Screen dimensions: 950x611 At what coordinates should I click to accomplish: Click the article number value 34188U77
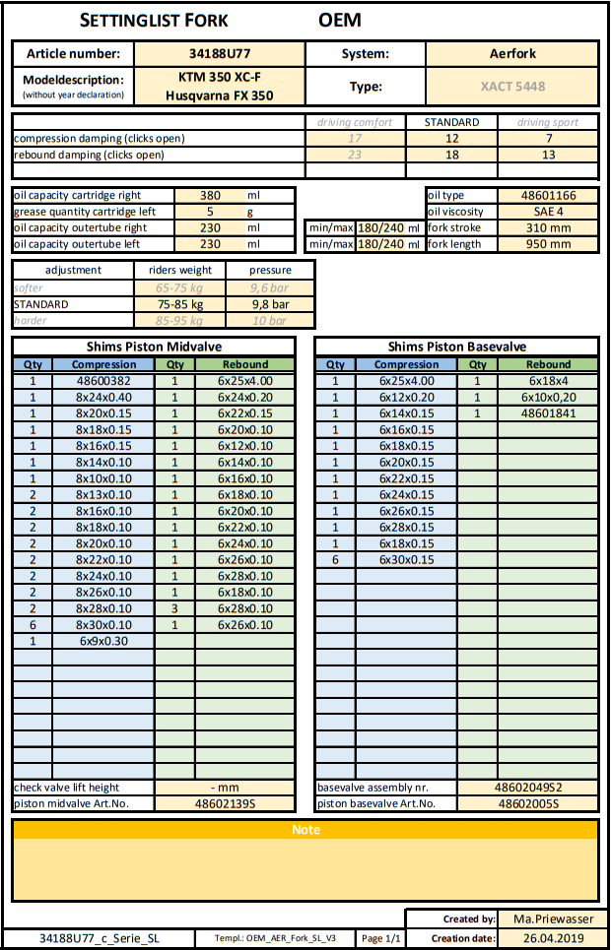point(219,54)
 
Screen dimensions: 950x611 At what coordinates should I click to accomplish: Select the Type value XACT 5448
point(512,86)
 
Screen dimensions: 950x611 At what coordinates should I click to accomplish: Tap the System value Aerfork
point(512,54)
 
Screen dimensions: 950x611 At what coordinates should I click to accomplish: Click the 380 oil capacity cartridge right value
point(209,196)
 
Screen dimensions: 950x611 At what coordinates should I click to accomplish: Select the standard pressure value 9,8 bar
point(269,304)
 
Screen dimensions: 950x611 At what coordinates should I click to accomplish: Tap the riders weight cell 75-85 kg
point(178,304)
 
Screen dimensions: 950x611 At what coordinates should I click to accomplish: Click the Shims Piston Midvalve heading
point(153,347)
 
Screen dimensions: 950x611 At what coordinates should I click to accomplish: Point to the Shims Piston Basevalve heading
point(457,347)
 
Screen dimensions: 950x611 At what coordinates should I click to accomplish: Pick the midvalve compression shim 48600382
point(103,381)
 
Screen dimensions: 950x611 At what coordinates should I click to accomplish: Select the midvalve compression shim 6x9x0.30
point(103,641)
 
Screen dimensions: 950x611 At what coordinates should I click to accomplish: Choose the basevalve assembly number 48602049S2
point(527,788)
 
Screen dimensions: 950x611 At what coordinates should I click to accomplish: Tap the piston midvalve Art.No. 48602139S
point(226,803)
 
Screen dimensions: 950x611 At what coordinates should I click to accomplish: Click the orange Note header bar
point(305,830)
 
